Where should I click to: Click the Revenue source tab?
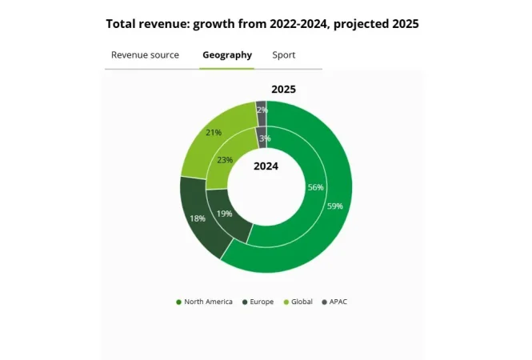point(145,55)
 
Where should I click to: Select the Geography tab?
point(227,55)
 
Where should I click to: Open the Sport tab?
point(283,55)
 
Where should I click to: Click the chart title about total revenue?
point(262,24)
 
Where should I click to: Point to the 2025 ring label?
point(284,89)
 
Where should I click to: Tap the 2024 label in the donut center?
point(266,166)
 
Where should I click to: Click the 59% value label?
point(335,206)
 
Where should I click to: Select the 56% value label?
point(315,187)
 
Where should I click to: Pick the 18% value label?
point(197,218)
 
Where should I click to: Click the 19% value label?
point(225,214)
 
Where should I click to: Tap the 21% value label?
point(214,133)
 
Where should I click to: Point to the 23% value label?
point(226,160)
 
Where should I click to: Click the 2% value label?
point(262,110)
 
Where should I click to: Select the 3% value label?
point(265,138)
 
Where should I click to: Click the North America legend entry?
point(204,302)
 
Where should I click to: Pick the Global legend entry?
point(297,302)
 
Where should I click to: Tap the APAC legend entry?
point(335,302)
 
